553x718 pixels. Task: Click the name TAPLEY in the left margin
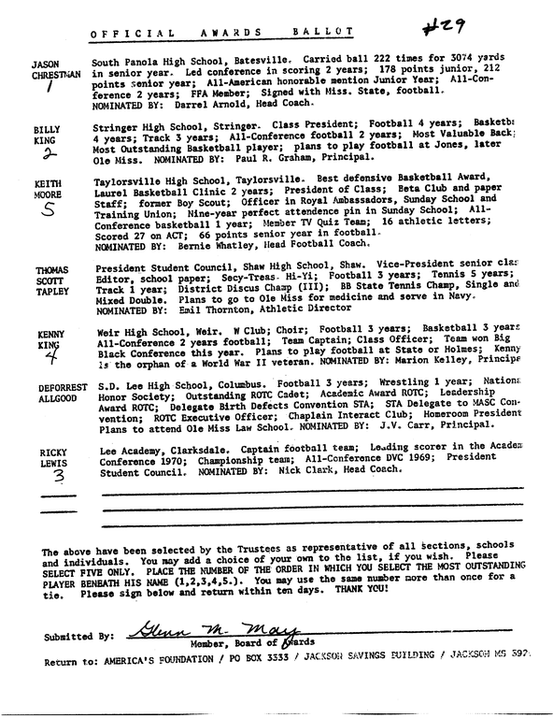point(47,291)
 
